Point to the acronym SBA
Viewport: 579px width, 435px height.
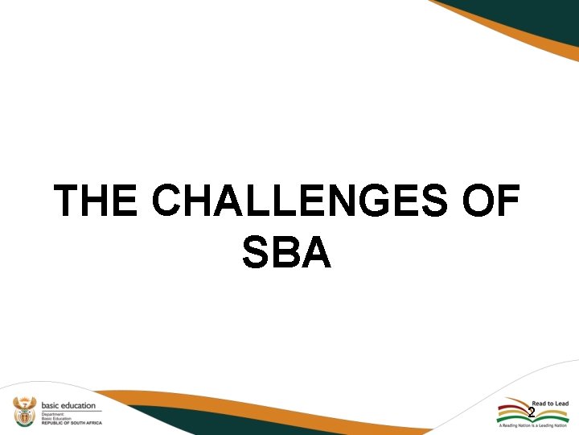tap(286, 252)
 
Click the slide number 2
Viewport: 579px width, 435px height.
tap(531, 412)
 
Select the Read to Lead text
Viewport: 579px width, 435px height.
tap(549, 403)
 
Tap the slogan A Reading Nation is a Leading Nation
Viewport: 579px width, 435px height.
tap(533, 425)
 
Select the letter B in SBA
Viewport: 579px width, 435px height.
tap(286, 252)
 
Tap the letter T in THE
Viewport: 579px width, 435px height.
tap(68, 201)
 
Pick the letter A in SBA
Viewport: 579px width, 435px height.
tap(316, 252)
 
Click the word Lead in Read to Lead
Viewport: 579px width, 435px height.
tap(561, 403)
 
